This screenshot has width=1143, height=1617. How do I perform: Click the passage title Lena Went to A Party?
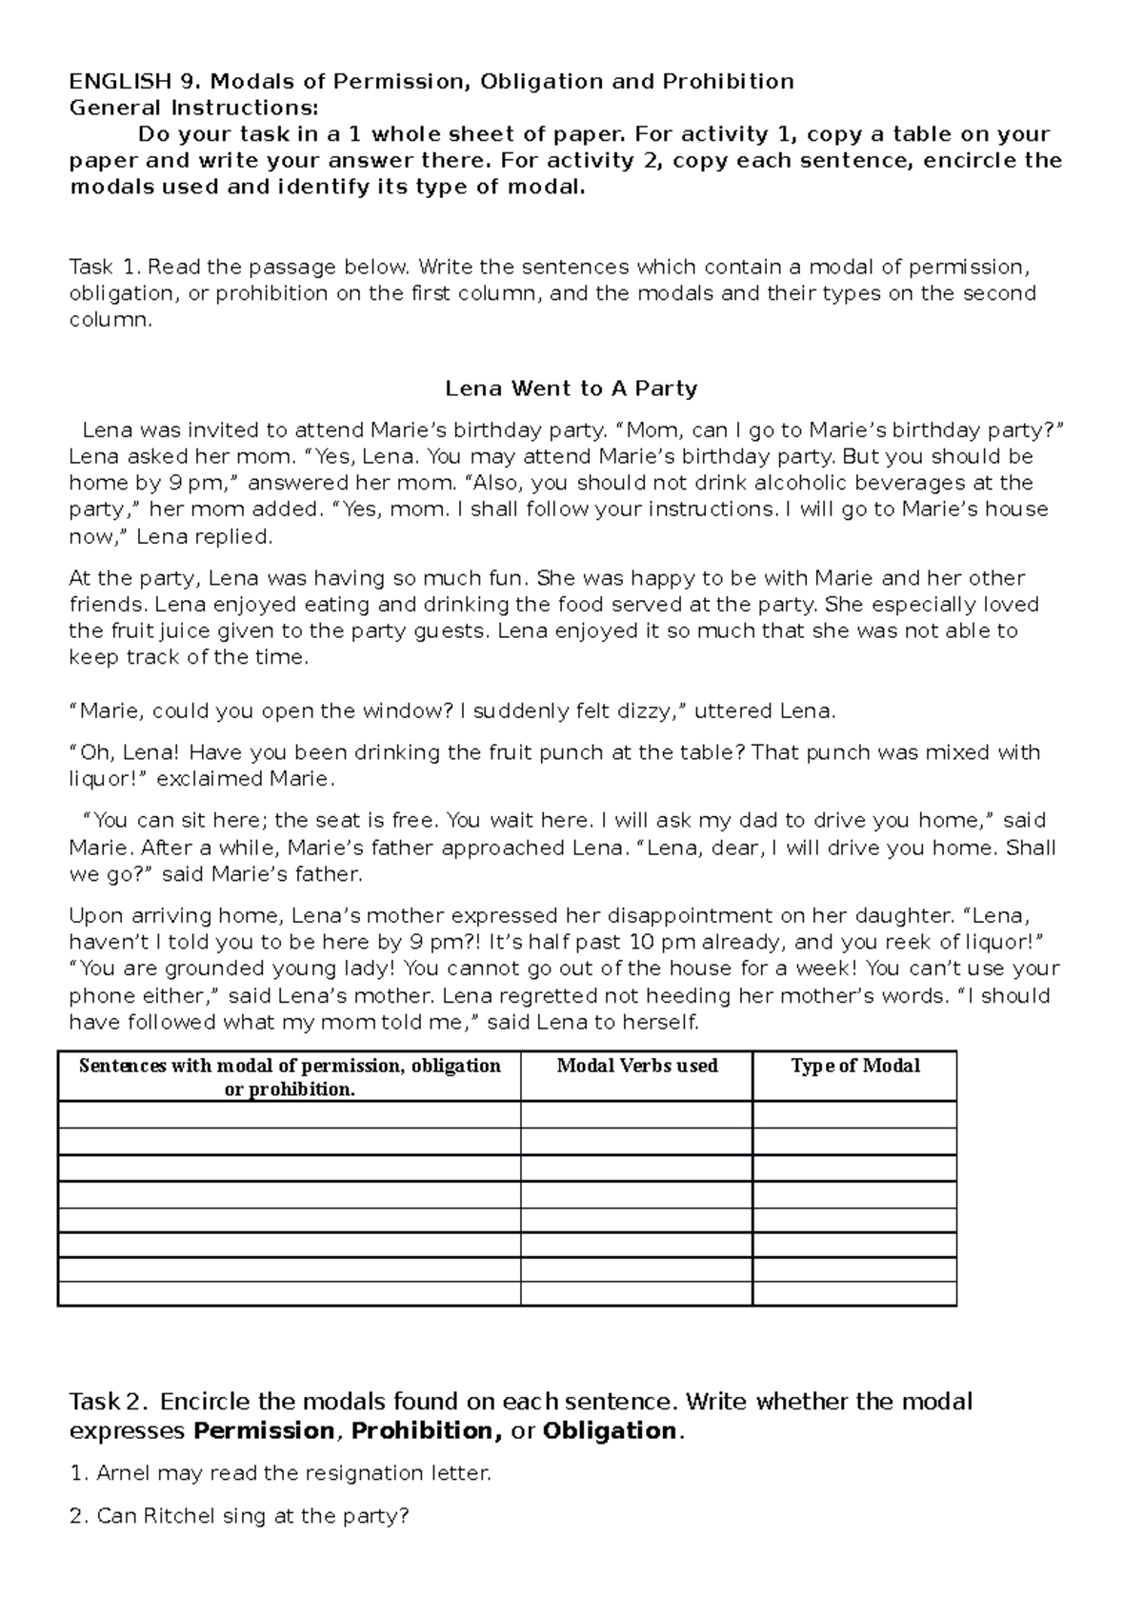click(571, 389)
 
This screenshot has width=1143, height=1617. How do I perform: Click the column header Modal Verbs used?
click(636, 1066)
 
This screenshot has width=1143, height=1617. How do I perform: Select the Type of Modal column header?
click(854, 1066)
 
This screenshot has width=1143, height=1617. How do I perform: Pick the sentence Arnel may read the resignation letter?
click(281, 1473)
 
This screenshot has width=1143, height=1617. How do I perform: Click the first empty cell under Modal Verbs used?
click(636, 1115)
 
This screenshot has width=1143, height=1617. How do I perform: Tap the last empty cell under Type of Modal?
click(854, 1293)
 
